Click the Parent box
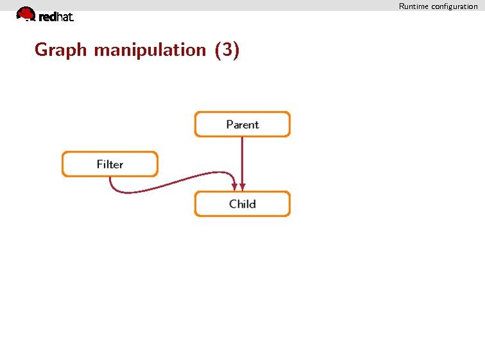(x=243, y=124)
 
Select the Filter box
(x=110, y=164)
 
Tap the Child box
(x=243, y=204)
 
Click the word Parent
(x=243, y=125)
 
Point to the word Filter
(x=110, y=164)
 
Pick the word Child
(x=243, y=204)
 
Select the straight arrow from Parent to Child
(x=242, y=164)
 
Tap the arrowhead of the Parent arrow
(x=242, y=187)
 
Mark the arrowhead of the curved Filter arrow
(x=234, y=187)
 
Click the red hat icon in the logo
(x=26, y=14)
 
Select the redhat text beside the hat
(x=56, y=17)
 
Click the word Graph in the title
(x=60, y=50)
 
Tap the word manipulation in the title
(x=150, y=50)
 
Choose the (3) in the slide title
(x=227, y=50)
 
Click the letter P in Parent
(x=230, y=124)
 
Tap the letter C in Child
(x=233, y=204)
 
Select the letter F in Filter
(x=100, y=164)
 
